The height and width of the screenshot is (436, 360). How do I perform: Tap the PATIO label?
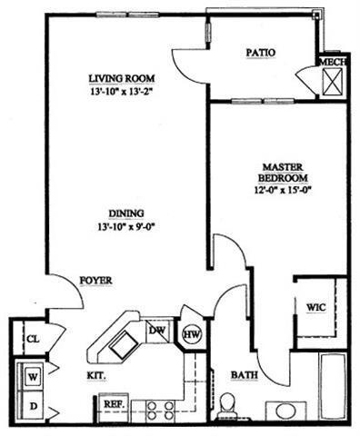click(x=260, y=53)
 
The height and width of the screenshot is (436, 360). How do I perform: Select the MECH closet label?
click(x=331, y=63)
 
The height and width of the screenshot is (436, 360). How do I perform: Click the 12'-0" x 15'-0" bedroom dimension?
click(x=285, y=190)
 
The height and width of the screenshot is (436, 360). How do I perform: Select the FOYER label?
click(x=95, y=281)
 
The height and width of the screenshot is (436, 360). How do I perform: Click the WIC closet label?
click(x=316, y=306)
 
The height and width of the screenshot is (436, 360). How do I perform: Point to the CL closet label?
click(x=33, y=337)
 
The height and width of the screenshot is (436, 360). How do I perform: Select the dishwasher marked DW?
click(x=157, y=332)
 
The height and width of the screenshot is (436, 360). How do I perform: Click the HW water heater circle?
click(x=192, y=335)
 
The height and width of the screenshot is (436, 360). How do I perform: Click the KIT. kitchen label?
click(x=97, y=373)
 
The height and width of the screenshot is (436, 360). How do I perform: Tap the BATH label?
click(x=242, y=373)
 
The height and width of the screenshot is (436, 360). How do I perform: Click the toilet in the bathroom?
click(x=229, y=403)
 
